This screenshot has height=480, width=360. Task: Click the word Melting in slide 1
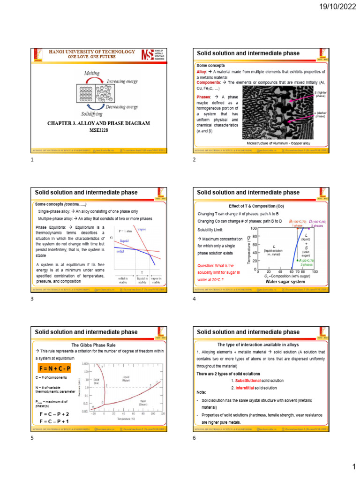pos(91,74)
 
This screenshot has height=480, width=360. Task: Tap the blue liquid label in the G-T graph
pos(124,240)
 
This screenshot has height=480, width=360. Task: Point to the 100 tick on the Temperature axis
pos(254,228)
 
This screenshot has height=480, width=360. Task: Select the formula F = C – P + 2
pos(54,414)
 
